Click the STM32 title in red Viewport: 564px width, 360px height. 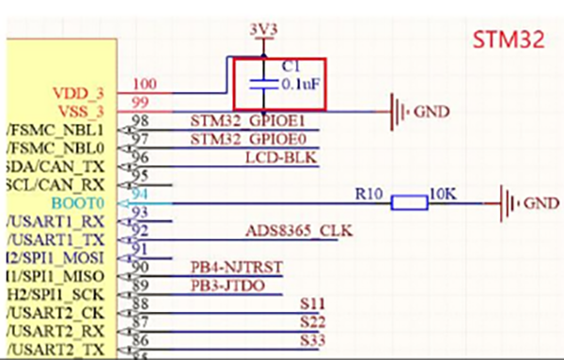click(509, 40)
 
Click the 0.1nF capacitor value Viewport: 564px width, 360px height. click(299, 83)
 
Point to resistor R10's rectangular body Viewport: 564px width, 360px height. click(409, 202)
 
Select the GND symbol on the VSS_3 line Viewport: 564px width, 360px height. click(401, 112)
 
